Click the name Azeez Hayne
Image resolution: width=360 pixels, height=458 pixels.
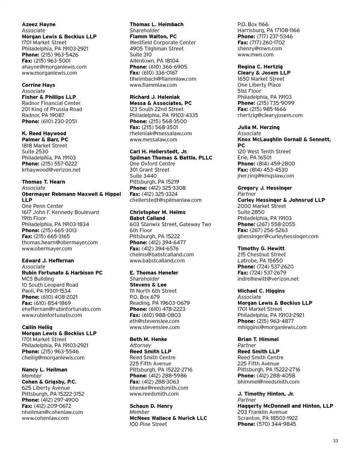(x=39, y=24)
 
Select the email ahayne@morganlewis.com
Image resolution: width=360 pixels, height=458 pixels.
(x=54, y=67)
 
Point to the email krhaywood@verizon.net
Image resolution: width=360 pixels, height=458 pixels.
(x=51, y=170)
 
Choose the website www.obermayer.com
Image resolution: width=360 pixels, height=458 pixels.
(x=47, y=248)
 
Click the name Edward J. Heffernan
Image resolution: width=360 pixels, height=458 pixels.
(x=48, y=260)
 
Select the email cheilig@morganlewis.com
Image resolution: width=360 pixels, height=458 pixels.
(x=53, y=357)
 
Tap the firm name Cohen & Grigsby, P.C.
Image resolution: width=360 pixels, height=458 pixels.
(x=49, y=381)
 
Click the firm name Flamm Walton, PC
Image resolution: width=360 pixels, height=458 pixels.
(x=153, y=36)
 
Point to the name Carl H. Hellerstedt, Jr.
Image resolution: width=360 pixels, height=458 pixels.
(x=158, y=152)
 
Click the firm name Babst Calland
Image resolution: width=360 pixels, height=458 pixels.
(x=147, y=218)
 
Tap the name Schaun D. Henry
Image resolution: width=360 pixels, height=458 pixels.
(x=151, y=406)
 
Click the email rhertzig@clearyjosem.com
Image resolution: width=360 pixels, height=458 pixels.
(x=270, y=115)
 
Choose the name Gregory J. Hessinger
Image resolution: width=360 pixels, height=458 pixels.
(x=265, y=188)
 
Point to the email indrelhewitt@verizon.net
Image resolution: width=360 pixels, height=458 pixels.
(x=268, y=279)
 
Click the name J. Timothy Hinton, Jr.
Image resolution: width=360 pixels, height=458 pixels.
(x=266, y=394)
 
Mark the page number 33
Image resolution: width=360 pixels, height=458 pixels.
(x=335, y=441)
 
